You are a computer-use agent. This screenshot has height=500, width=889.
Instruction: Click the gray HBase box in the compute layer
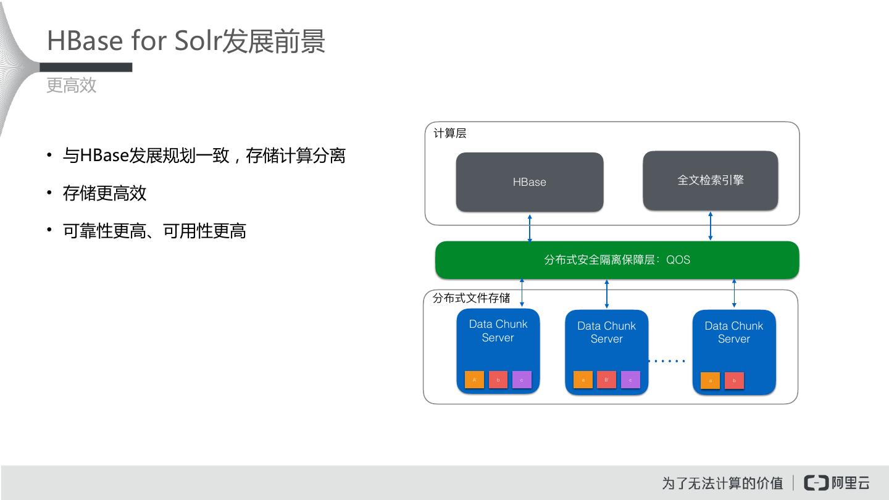click(529, 182)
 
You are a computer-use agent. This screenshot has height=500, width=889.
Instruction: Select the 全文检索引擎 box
click(710, 180)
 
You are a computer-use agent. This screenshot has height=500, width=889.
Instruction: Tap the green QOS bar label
click(617, 260)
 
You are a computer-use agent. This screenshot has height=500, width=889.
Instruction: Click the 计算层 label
click(449, 133)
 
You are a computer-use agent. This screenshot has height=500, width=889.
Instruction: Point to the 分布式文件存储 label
click(471, 298)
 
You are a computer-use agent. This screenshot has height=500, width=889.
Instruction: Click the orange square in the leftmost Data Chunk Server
click(474, 380)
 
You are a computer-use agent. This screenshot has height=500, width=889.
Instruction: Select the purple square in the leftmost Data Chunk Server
click(522, 380)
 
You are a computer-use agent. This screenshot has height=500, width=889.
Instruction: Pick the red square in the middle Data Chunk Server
click(606, 380)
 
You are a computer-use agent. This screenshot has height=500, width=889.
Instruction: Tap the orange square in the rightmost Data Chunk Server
click(710, 381)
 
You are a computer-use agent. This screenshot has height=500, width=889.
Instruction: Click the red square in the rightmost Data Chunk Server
click(734, 381)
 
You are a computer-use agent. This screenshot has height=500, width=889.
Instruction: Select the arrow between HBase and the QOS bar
click(530, 228)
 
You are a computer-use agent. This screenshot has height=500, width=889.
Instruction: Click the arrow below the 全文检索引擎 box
click(711, 226)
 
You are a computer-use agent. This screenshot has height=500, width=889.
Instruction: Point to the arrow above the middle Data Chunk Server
click(607, 294)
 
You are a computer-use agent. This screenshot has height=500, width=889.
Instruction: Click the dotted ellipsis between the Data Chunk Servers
click(667, 360)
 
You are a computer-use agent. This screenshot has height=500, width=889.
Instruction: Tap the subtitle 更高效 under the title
click(72, 85)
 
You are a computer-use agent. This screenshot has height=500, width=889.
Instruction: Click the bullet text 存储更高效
click(104, 193)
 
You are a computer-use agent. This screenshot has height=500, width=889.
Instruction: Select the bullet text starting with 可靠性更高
click(154, 231)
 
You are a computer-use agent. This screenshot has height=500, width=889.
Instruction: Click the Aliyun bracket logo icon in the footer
click(816, 483)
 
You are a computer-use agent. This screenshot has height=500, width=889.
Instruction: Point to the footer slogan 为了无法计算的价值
click(722, 483)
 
